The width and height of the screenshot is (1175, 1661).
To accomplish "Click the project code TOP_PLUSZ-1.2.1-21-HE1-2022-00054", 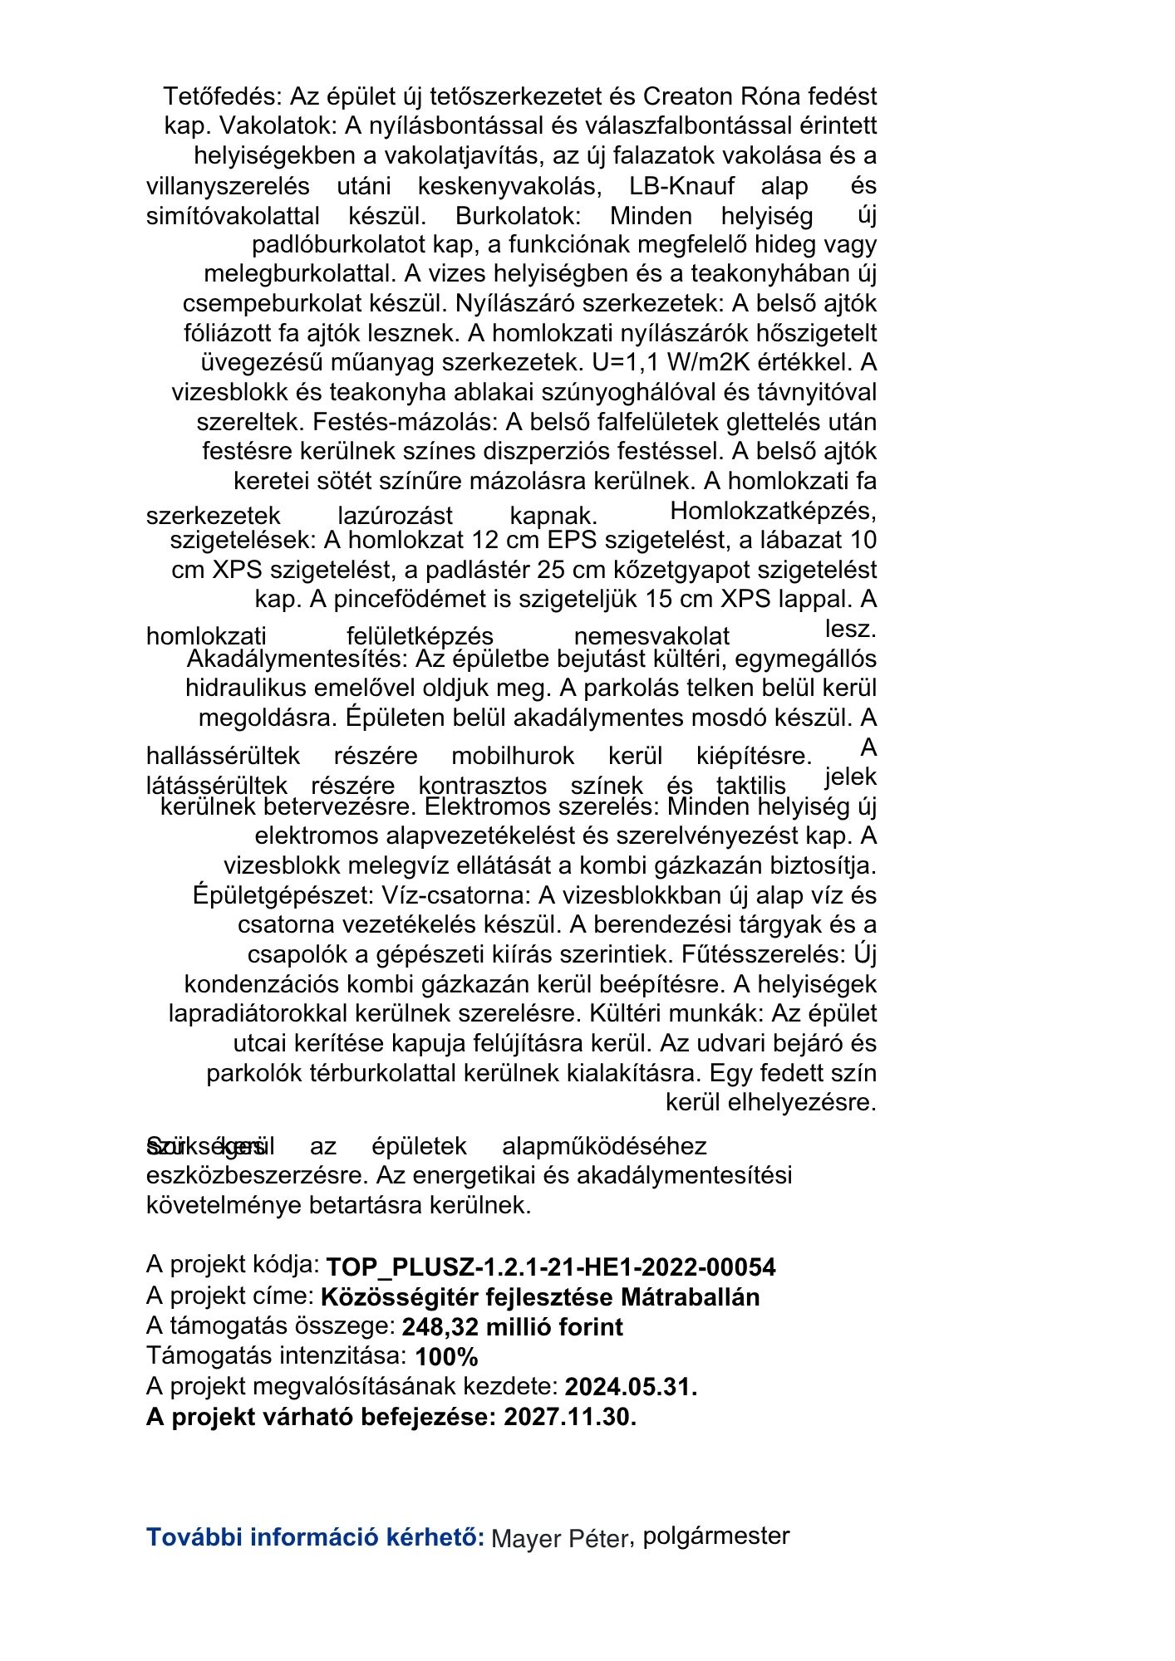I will click(x=550, y=1267).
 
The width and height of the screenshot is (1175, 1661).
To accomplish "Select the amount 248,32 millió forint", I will click(x=512, y=1327).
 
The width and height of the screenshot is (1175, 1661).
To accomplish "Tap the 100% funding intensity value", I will click(x=446, y=1357).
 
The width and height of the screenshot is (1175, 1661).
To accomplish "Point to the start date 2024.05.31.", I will click(x=631, y=1387).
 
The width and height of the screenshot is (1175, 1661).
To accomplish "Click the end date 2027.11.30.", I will click(x=570, y=1417).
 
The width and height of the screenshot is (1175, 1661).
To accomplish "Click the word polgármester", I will click(x=715, y=1536).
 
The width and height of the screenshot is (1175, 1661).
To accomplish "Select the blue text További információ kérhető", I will click(x=315, y=1537).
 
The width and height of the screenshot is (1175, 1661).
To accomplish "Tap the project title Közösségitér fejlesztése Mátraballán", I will click(x=540, y=1297).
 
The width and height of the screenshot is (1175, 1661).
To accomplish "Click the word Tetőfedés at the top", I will click(x=222, y=96).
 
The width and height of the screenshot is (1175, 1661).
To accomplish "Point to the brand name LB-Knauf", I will click(x=681, y=185).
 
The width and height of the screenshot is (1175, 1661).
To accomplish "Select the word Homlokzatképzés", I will click(x=772, y=510).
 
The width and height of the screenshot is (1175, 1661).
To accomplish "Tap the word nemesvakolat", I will click(x=651, y=637).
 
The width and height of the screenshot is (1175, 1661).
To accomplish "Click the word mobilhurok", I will click(x=513, y=757).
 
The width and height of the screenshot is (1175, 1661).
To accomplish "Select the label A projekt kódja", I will click(x=233, y=1265).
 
